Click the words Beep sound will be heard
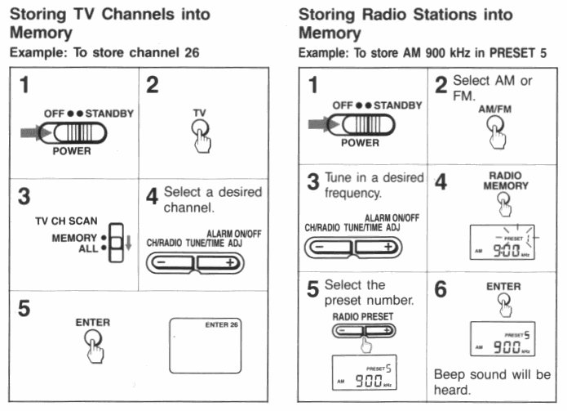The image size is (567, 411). pyautogui.click(x=492, y=382)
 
